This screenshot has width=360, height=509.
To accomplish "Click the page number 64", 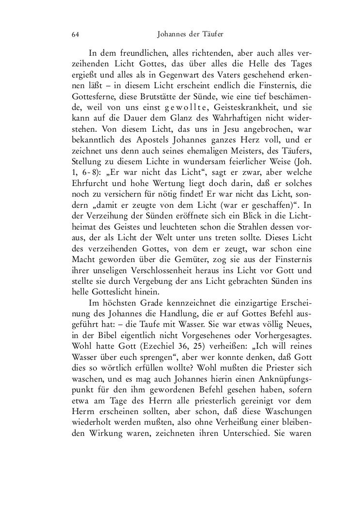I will (x=75, y=34).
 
